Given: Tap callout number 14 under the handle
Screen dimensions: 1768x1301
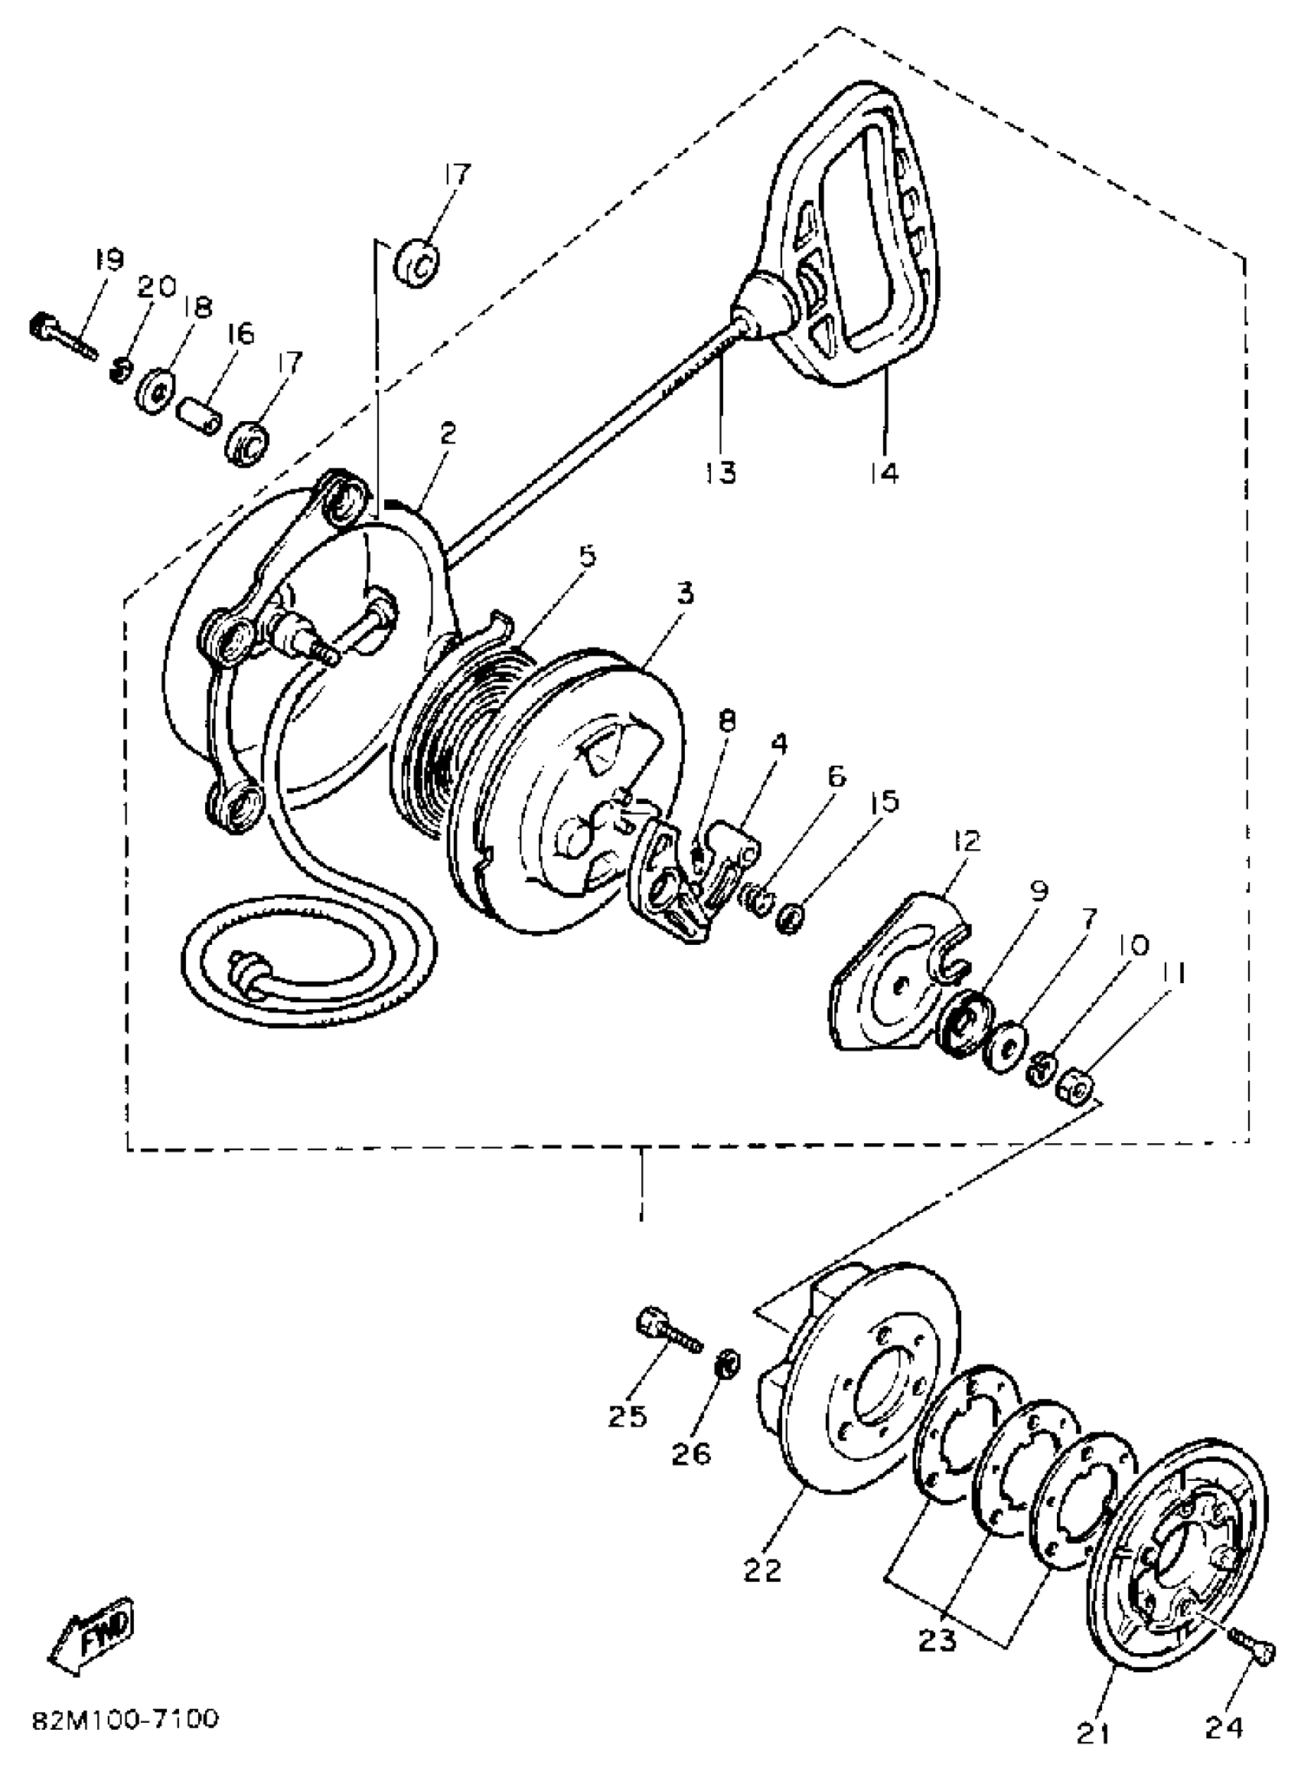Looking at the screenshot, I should [x=884, y=472].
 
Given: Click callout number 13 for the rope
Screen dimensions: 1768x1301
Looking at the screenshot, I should [x=721, y=472].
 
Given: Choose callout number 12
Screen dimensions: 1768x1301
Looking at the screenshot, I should [x=967, y=842].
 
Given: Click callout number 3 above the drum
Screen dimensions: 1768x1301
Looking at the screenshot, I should [x=684, y=593].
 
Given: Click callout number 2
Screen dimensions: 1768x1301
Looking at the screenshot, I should [x=448, y=433].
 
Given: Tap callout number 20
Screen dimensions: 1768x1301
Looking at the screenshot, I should [x=157, y=287].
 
